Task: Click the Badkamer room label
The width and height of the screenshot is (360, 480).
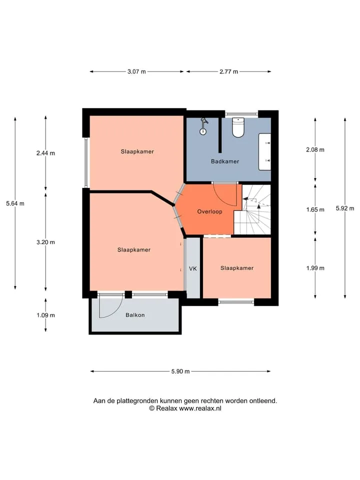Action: tap(225, 161)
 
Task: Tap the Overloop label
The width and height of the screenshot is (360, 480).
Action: tap(209, 211)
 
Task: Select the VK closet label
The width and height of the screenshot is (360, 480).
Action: tap(193, 269)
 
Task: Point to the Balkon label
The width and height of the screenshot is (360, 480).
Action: tap(135, 315)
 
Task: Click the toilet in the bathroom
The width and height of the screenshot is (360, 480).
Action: tap(238, 127)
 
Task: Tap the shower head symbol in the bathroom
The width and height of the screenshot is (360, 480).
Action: tap(203, 126)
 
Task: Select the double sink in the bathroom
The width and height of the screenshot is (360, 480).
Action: tap(265, 151)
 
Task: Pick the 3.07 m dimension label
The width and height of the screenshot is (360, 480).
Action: tap(136, 71)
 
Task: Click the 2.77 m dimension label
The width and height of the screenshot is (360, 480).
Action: tap(228, 71)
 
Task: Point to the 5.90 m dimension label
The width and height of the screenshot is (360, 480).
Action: tap(180, 371)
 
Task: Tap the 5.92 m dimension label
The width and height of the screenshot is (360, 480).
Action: tap(345, 208)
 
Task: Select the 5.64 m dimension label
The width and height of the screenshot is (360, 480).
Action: tap(15, 203)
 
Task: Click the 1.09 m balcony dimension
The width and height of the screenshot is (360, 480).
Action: tap(46, 315)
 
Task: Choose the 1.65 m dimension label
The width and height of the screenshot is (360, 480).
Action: tap(315, 209)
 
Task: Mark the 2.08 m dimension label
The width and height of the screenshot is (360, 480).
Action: tap(315, 149)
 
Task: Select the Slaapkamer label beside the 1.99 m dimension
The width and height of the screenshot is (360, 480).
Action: tap(237, 268)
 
